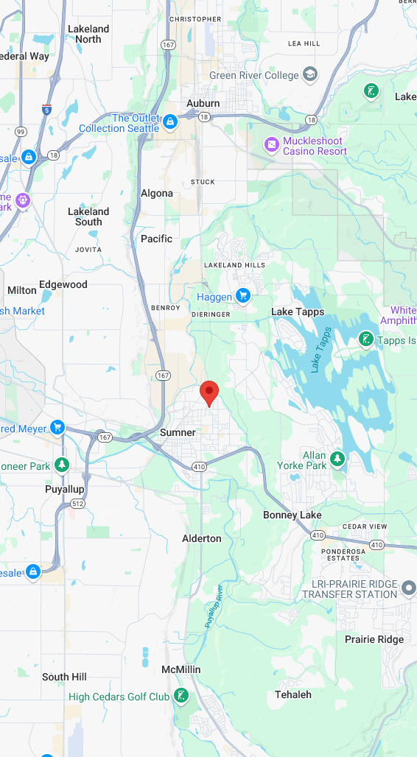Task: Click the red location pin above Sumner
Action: point(210,393)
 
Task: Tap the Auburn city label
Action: point(203,104)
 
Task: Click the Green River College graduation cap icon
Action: point(311,75)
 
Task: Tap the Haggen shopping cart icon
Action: point(243,297)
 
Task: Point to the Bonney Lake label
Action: point(292,515)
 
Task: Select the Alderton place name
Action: point(202,538)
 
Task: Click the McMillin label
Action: point(181,669)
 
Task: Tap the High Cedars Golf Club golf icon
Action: point(181,696)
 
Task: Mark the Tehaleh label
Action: point(293,694)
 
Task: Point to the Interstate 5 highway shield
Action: point(47,108)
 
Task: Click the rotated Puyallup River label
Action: point(214,606)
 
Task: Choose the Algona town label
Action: point(157,194)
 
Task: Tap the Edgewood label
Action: point(63,284)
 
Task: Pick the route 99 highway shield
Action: point(21,132)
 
